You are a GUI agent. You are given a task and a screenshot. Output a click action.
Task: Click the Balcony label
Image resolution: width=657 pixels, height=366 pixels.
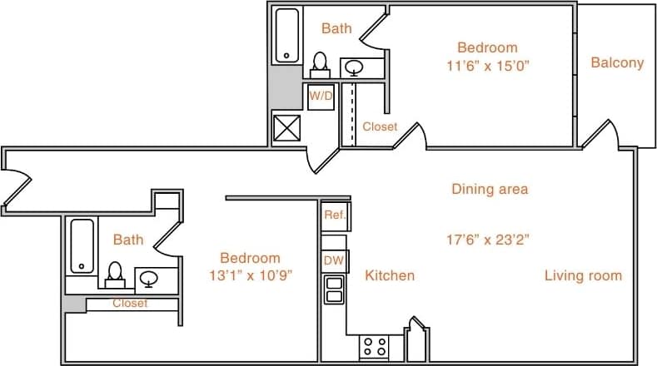pyautogui.click(x=617, y=62)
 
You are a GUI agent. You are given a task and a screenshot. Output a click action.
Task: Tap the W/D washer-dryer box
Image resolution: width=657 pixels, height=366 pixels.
pyautogui.click(x=321, y=96)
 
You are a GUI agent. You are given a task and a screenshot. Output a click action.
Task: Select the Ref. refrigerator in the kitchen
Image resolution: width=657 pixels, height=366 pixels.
pyautogui.click(x=336, y=215)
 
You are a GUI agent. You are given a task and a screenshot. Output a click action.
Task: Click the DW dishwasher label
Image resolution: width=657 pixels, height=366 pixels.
pyautogui.click(x=333, y=260)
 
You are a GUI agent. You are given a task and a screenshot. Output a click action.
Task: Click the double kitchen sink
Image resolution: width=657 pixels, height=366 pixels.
pyautogui.click(x=335, y=289)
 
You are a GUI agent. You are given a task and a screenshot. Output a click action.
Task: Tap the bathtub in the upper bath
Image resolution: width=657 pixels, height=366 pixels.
pyautogui.click(x=287, y=35)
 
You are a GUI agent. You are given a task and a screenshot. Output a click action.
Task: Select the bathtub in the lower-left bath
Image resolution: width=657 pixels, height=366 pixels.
pyautogui.click(x=82, y=245)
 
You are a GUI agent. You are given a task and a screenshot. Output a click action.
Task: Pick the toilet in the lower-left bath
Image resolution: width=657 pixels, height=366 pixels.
pyautogui.click(x=115, y=273)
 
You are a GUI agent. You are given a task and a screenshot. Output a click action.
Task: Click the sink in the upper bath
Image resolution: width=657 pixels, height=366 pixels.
pyautogui.click(x=355, y=67)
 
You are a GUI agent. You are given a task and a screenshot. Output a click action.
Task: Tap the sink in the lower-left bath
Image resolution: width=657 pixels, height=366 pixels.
pyautogui.click(x=149, y=279)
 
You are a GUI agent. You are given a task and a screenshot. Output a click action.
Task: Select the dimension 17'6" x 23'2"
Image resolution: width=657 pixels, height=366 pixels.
pyautogui.click(x=489, y=240)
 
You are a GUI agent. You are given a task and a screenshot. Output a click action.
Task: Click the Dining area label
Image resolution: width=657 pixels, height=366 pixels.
pyautogui.click(x=490, y=189)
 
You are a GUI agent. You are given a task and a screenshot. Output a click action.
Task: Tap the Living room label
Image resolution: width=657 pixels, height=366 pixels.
pyautogui.click(x=583, y=275)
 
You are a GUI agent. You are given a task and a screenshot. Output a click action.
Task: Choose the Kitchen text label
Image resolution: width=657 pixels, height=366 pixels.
pyautogui.click(x=390, y=275)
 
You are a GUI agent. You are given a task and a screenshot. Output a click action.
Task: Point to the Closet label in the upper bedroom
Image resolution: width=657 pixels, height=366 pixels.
pyautogui.click(x=380, y=127)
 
